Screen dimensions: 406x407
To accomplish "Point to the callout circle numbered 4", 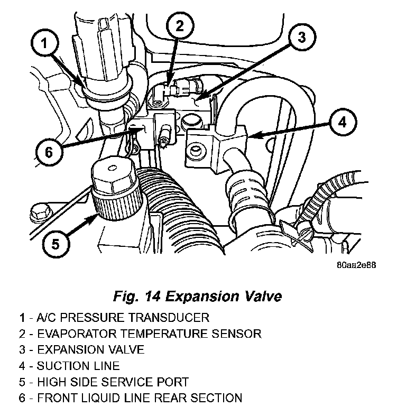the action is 343,123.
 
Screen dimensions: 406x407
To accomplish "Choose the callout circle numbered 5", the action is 56,244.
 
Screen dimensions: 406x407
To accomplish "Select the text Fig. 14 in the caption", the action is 137,296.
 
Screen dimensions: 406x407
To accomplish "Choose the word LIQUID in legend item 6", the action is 91,397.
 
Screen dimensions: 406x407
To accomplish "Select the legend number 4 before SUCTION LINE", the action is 22,365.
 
